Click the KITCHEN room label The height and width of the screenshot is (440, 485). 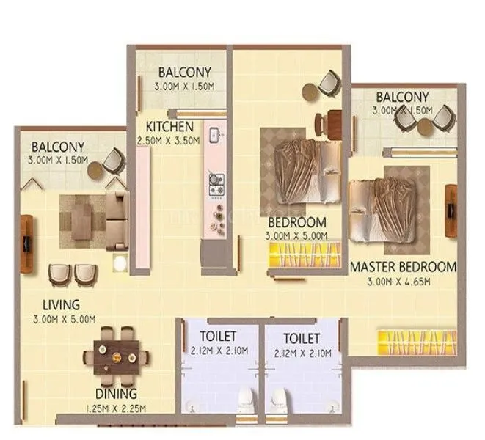pos(169,126)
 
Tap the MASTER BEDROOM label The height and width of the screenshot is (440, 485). pos(403,266)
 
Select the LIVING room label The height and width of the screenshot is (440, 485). pos(61,304)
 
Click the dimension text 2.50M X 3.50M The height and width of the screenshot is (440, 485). pos(169,141)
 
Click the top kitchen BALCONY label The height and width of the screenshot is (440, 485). pos(185,73)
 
